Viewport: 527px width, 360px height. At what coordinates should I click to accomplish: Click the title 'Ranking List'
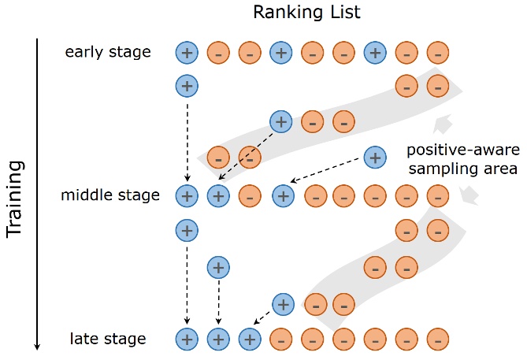[x=295, y=13]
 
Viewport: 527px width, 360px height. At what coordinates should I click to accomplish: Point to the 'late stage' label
[x=108, y=339]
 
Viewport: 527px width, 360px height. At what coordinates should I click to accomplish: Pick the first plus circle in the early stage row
[x=187, y=53]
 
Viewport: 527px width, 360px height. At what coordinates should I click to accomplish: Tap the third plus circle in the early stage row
[x=376, y=53]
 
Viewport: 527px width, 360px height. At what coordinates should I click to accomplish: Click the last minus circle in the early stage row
[x=437, y=53]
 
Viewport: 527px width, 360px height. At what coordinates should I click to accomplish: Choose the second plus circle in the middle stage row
[x=218, y=195]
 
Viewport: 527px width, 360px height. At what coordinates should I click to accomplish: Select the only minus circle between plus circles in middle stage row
[x=249, y=195]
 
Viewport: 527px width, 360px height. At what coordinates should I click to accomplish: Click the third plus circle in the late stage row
[x=249, y=339]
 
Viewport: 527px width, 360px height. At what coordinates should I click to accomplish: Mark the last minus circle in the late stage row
[x=437, y=339]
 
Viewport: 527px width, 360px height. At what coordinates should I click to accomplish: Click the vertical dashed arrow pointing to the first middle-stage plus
[x=187, y=138]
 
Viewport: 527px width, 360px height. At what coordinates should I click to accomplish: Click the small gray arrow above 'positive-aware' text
[x=443, y=124]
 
